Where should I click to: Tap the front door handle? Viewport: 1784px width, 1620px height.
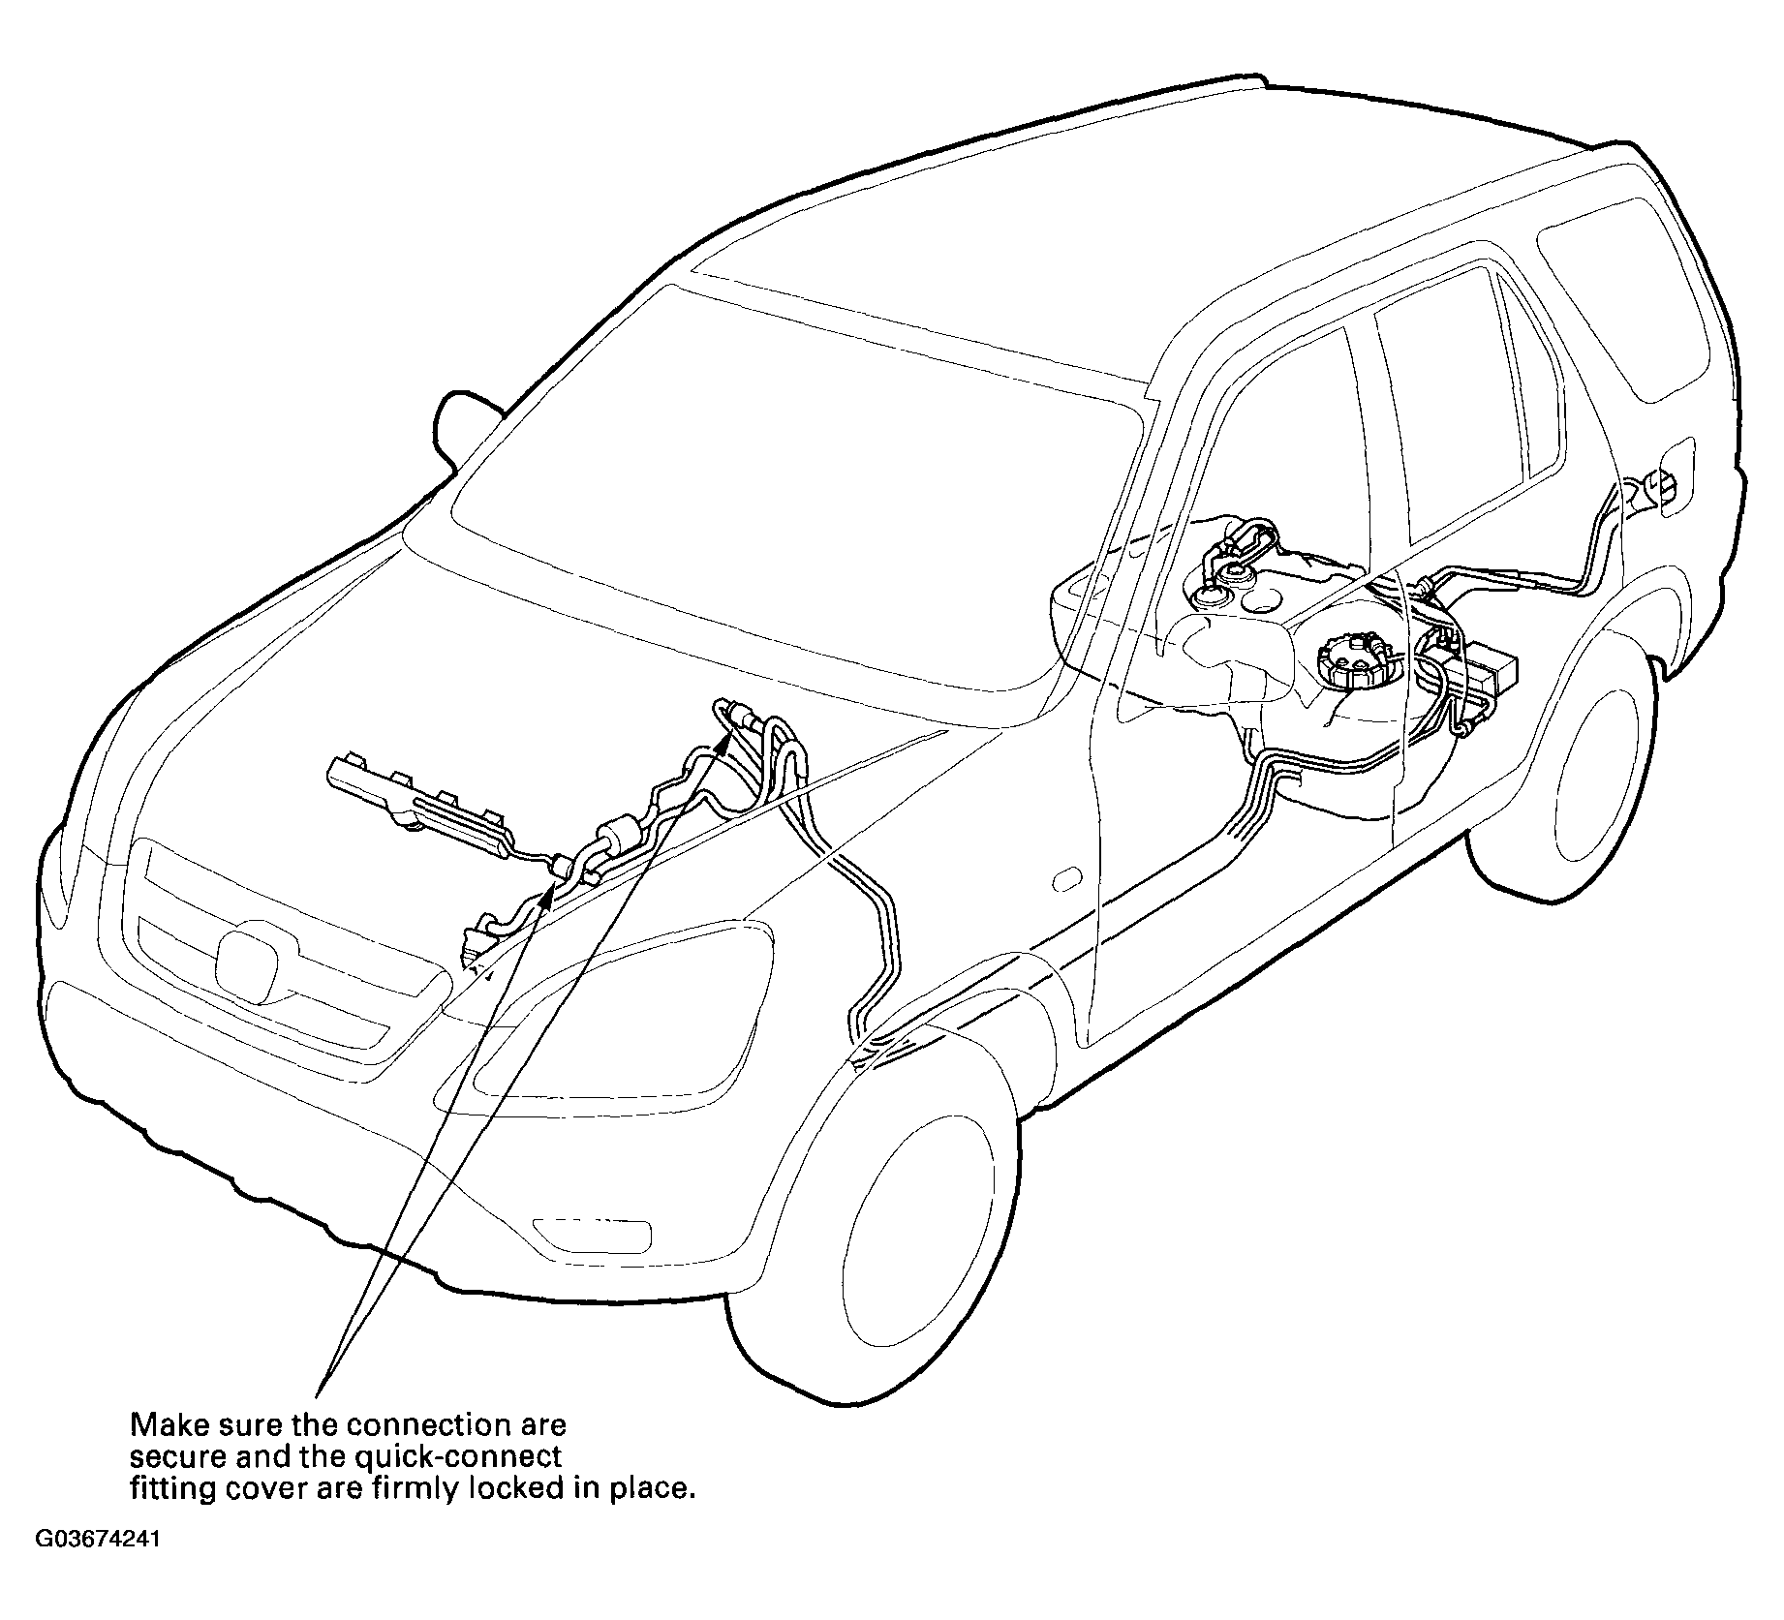1068,878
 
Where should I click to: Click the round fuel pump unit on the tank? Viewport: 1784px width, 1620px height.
1356,658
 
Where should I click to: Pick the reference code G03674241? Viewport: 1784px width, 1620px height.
98,1567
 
